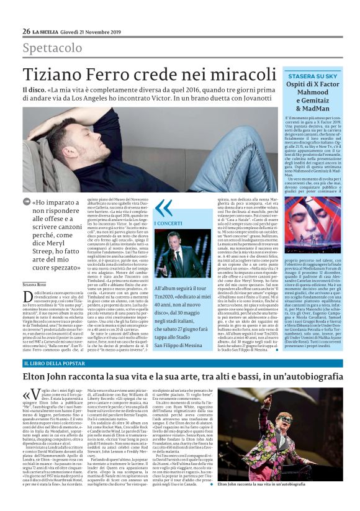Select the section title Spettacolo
click(x=52, y=48)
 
